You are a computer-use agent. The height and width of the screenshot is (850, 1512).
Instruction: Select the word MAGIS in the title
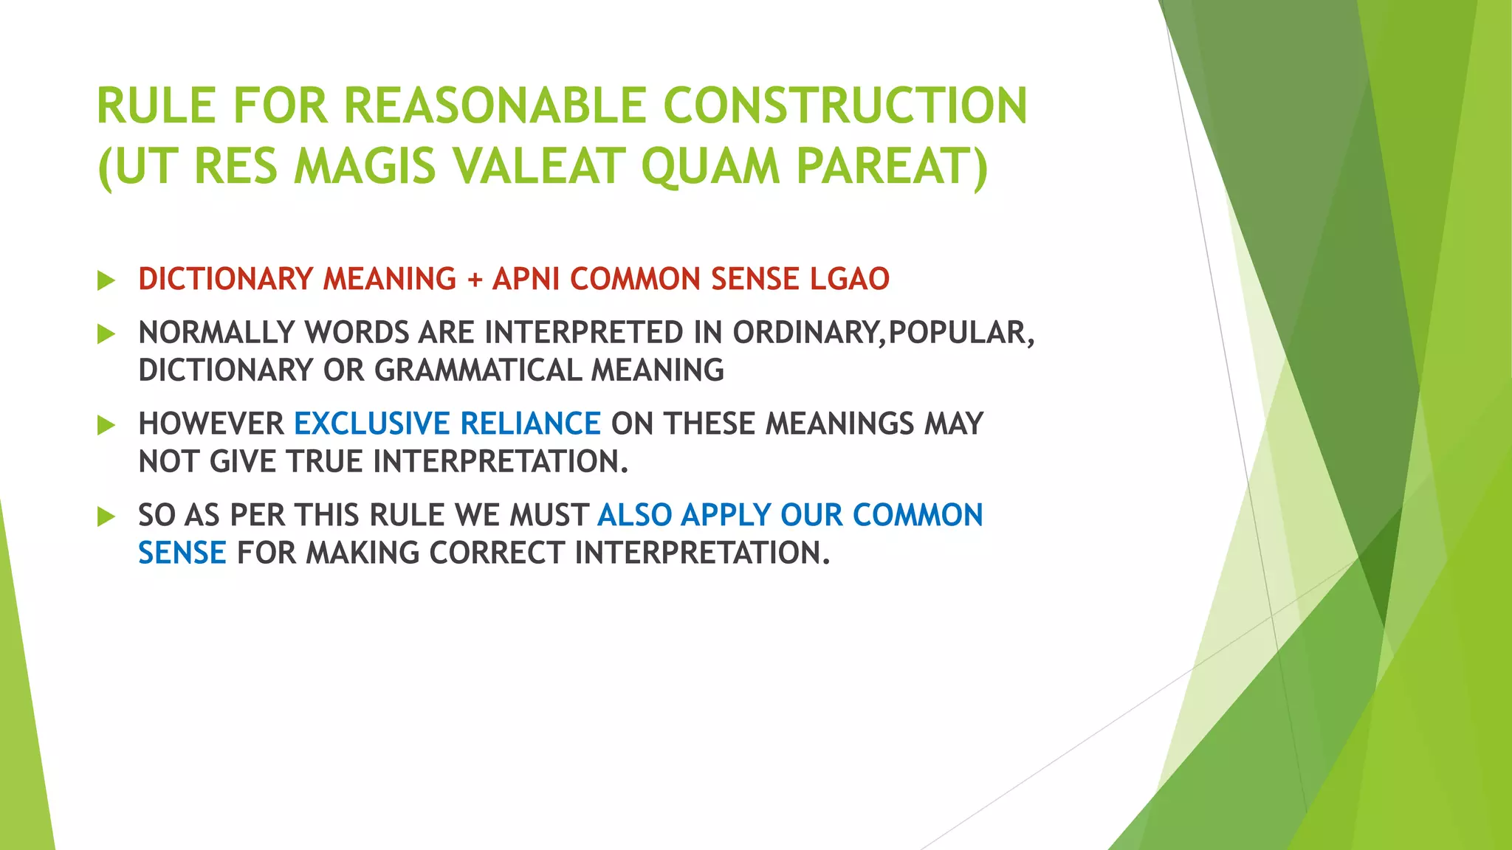click(x=365, y=166)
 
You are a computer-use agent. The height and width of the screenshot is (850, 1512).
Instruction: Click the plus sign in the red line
click(x=474, y=280)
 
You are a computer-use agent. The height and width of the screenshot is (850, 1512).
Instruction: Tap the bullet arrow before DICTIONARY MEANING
click(x=106, y=280)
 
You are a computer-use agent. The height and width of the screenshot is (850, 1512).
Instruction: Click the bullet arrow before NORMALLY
click(x=106, y=334)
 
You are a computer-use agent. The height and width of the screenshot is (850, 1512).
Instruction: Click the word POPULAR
click(x=956, y=333)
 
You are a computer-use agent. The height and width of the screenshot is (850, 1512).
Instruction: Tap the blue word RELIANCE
click(x=530, y=424)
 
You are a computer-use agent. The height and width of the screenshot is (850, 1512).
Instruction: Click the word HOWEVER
click(x=211, y=424)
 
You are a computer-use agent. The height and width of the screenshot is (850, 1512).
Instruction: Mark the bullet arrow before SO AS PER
click(x=106, y=516)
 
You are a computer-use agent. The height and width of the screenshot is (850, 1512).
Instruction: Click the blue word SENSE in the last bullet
click(x=182, y=553)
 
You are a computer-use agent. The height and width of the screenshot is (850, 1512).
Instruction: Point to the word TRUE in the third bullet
click(x=324, y=462)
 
